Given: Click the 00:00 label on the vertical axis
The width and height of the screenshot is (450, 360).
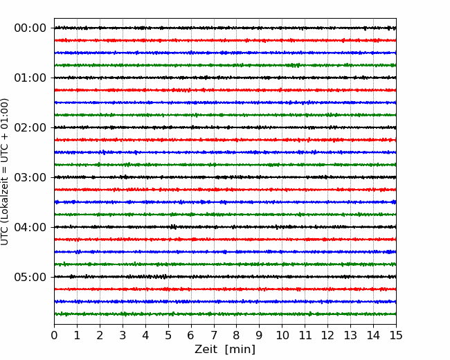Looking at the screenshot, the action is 30,28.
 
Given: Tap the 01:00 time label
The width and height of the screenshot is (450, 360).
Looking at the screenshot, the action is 30,78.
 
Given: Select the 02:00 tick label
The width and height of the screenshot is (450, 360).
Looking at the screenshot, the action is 30,127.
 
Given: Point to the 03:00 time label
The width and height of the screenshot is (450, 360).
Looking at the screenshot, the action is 30,177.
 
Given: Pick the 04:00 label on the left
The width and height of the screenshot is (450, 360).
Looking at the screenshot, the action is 30,227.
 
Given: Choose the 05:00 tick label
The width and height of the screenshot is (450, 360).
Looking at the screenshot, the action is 30,277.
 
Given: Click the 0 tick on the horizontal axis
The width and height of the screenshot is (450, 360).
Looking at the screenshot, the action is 54,335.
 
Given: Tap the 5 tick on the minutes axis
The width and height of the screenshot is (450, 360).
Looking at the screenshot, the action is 168,335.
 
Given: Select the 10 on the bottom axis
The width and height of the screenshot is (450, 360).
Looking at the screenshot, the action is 282,335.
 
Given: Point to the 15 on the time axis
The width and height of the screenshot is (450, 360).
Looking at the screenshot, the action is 396,335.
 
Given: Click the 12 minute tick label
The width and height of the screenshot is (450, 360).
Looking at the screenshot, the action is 327,335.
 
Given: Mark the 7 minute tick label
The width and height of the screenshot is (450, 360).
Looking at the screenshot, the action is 214,335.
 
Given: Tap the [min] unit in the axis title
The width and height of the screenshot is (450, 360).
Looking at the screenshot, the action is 240,350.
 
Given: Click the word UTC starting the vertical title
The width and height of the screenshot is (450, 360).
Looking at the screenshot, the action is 4,237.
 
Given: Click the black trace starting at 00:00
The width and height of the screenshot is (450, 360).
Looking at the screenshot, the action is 225,28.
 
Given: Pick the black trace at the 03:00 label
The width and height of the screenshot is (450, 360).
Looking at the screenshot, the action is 225,177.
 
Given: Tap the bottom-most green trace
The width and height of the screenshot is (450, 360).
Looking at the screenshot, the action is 225,314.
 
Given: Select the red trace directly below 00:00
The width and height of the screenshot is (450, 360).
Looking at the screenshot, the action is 225,40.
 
